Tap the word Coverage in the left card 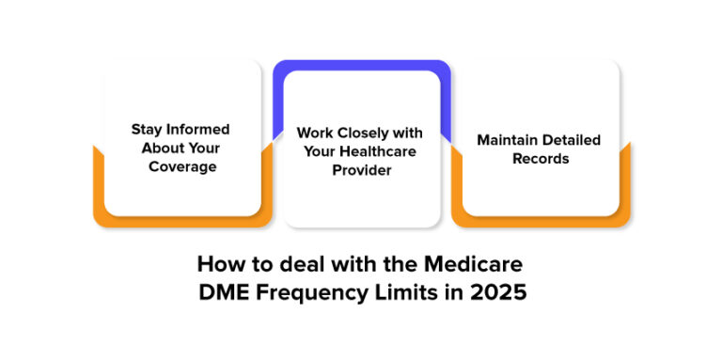183,166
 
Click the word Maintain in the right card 509,140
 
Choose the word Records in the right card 541,159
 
